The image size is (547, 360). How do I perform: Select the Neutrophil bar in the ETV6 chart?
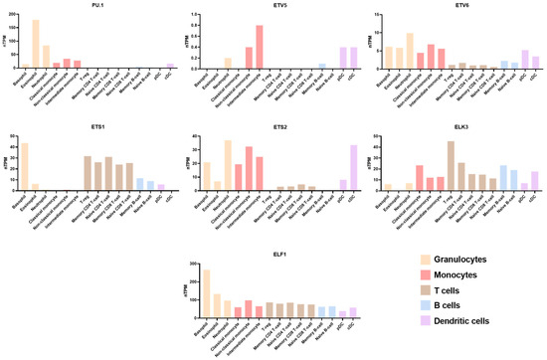[x=409, y=50]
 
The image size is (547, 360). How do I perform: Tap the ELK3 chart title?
[x=457, y=126]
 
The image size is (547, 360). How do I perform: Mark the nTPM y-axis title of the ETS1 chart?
[x=8, y=164]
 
